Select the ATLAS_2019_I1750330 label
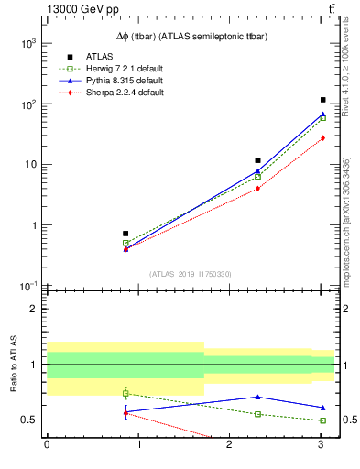190,274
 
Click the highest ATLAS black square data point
322,100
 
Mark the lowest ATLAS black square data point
125,234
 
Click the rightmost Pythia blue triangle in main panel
322,115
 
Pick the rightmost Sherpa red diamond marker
322,137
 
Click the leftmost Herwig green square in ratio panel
125,393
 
